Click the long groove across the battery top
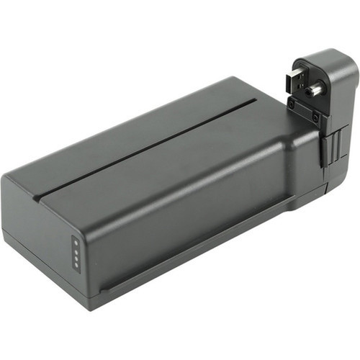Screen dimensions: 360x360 [144, 143]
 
